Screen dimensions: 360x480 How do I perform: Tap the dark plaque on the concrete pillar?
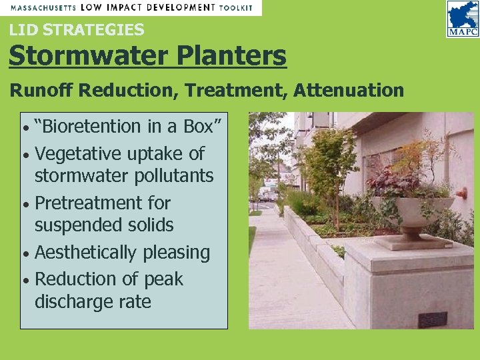point(432,319)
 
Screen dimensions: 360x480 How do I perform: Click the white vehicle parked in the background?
point(266,194)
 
